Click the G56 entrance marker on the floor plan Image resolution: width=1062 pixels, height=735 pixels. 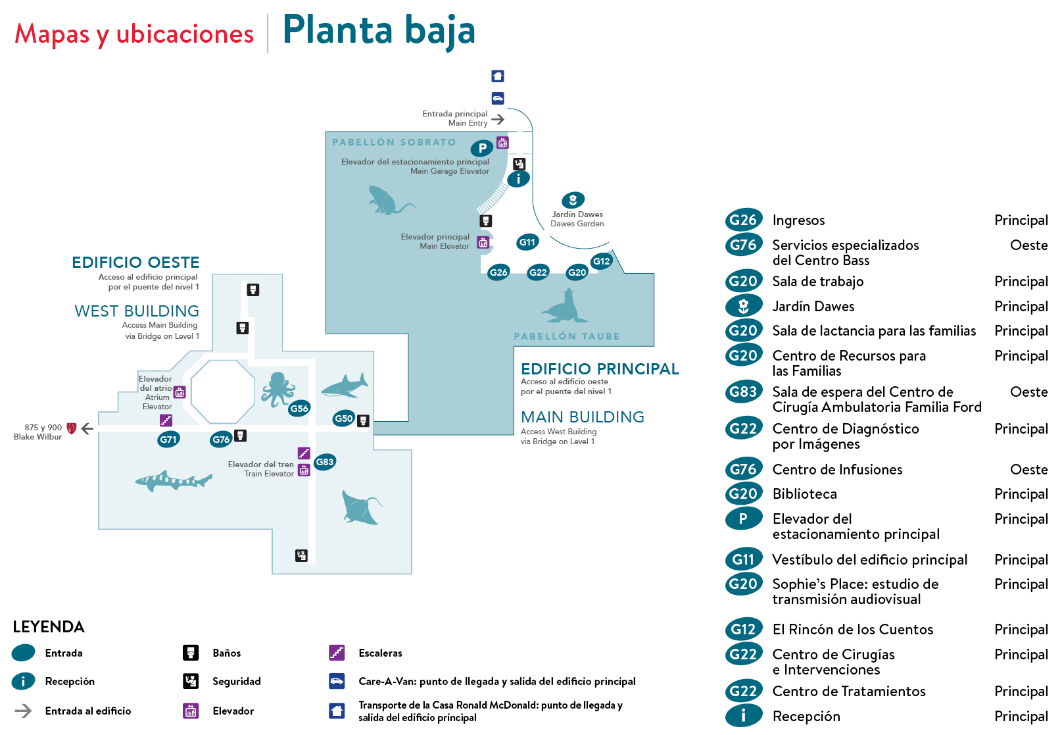coord(299,409)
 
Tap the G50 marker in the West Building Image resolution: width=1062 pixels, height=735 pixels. coord(343,418)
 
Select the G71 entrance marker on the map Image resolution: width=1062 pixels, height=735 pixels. coord(168,440)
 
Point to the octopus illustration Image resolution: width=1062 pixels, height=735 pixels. coord(278,388)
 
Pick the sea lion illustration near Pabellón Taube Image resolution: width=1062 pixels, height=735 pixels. coord(564,307)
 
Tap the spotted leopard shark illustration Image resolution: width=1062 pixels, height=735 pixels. coord(173,480)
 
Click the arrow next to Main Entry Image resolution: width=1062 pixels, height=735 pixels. coord(498,119)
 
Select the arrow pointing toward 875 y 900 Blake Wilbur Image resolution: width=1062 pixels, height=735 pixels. coord(87,428)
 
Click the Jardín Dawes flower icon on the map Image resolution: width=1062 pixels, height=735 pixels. coord(573,200)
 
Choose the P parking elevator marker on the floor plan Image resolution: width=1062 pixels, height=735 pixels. coord(482,148)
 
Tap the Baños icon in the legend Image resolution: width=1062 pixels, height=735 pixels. coord(191,653)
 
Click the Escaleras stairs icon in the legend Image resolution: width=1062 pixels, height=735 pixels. coord(337,653)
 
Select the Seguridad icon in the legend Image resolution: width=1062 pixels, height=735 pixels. coord(191,681)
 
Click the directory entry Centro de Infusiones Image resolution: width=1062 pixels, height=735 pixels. coord(837,470)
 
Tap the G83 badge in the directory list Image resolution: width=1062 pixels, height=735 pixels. coord(743,392)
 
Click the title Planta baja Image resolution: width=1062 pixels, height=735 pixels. coord(379,31)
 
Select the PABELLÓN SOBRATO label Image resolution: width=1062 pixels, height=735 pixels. coord(393,142)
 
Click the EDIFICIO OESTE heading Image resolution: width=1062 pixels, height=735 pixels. coord(135,263)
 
